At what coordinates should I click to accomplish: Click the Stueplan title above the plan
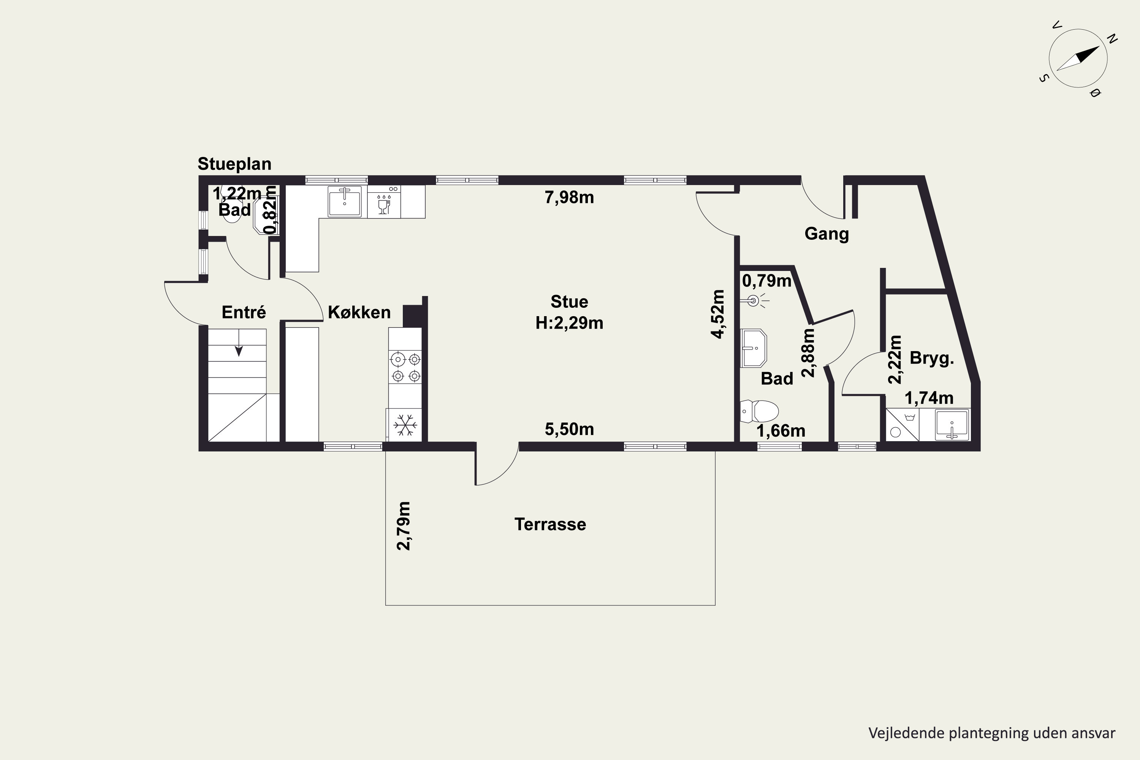pyautogui.click(x=234, y=164)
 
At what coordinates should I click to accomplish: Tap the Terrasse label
pyautogui.click(x=550, y=524)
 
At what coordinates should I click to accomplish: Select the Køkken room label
pyautogui.click(x=359, y=312)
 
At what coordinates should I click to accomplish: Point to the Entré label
pyautogui.click(x=244, y=312)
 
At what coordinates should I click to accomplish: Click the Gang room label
pyautogui.click(x=827, y=234)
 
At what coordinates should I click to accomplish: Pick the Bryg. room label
pyautogui.click(x=932, y=358)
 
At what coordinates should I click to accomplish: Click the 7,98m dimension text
pyautogui.click(x=569, y=197)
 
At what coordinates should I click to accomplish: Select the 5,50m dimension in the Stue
pyautogui.click(x=569, y=429)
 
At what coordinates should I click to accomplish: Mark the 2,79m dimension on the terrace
pyautogui.click(x=403, y=526)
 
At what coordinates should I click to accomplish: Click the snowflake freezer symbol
pyautogui.click(x=405, y=424)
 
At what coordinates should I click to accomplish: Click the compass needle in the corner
pyautogui.click(x=1078, y=59)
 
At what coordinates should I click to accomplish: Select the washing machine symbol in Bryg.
pyautogui.click(x=902, y=424)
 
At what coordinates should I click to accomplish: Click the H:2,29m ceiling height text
pyautogui.click(x=569, y=323)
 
